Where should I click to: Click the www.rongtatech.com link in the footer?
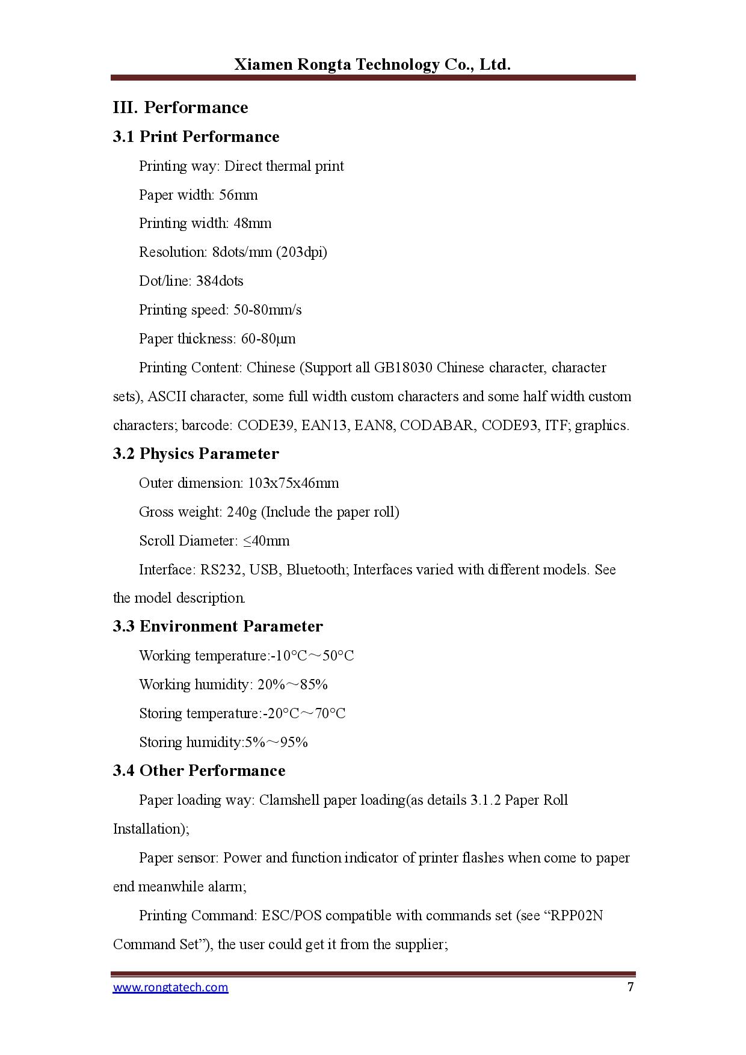tap(170, 987)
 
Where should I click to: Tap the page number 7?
tap(630, 986)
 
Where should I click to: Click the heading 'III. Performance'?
tap(180, 107)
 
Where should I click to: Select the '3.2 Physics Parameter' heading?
tap(196, 454)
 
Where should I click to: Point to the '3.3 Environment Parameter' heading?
tap(218, 626)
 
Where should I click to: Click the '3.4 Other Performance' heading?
tap(199, 770)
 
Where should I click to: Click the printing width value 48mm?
tap(253, 223)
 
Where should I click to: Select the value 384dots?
tap(220, 281)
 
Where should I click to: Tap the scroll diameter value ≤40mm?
tap(267, 541)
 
